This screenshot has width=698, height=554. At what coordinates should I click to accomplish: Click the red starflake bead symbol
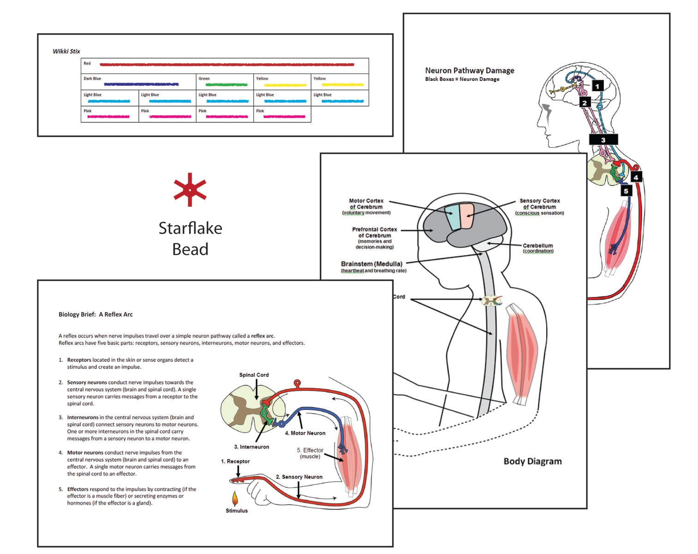[190, 190]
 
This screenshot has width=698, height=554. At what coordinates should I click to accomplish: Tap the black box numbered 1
[597, 86]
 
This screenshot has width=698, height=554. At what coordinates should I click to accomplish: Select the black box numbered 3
[603, 140]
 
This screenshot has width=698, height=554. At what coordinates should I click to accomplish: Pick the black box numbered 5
[626, 191]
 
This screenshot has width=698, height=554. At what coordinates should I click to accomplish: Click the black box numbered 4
[636, 178]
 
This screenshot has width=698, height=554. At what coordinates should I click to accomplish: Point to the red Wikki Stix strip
[227, 65]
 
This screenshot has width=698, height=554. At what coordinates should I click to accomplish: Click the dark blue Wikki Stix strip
[141, 84]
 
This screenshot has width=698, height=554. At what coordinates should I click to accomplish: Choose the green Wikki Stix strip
[227, 84]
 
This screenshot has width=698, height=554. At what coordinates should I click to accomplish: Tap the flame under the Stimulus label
[235, 498]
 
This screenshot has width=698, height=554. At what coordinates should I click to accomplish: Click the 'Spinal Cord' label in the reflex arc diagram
[254, 375]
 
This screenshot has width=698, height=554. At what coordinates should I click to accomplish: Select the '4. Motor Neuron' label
[305, 433]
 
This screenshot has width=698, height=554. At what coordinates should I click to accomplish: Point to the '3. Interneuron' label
[251, 447]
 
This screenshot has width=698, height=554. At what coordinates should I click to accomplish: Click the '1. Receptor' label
[235, 461]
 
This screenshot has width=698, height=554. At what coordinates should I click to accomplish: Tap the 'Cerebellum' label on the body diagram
[538, 246]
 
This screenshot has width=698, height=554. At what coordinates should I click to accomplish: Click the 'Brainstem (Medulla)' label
[372, 264]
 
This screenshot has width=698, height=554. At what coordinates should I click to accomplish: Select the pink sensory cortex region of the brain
[467, 216]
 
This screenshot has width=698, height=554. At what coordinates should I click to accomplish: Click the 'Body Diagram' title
[532, 461]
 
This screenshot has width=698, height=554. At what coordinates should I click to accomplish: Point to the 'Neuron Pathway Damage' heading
[470, 71]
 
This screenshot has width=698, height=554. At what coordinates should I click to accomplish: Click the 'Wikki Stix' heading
[66, 51]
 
